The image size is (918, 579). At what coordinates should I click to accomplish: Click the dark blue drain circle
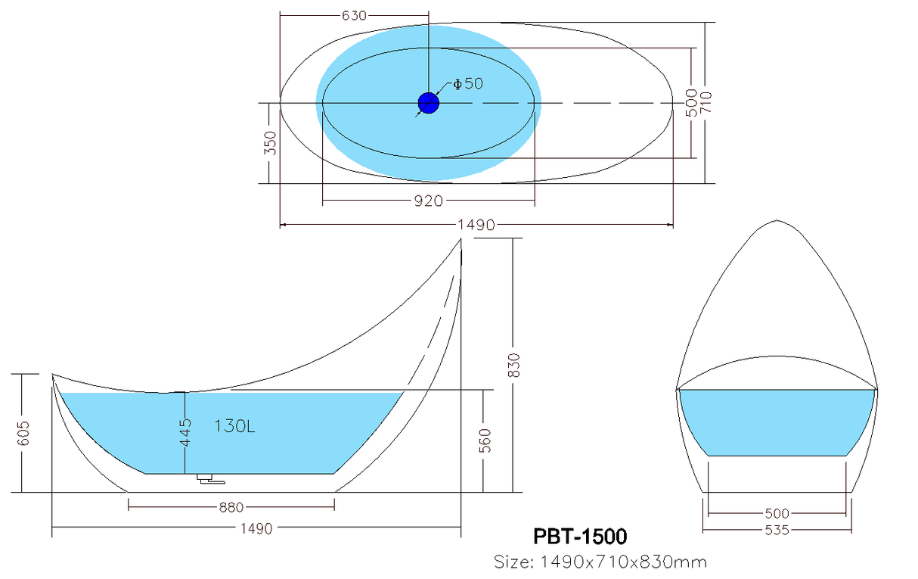[x=429, y=103]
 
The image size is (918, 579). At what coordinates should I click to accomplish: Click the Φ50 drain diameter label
[x=468, y=84]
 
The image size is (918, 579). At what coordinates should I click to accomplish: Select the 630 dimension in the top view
[x=354, y=16]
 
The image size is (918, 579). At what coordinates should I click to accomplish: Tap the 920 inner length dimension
[x=428, y=201]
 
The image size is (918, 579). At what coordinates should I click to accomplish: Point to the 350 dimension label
[x=270, y=143]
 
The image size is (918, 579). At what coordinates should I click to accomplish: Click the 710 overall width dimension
[x=706, y=102]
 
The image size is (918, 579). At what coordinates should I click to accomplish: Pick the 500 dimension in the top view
[x=691, y=102]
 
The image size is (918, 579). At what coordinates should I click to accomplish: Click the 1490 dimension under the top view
[x=476, y=225]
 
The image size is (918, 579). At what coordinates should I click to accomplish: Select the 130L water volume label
[x=234, y=426]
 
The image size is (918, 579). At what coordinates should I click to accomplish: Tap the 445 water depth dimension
[x=185, y=432]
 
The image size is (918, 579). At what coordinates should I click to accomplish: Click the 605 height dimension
[x=23, y=433]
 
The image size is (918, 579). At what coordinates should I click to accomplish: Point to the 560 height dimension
[x=485, y=440]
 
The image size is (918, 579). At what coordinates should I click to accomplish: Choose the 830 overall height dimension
[x=513, y=365]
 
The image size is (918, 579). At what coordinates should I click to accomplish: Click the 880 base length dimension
[x=231, y=508]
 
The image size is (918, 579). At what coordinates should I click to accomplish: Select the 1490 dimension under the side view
[x=256, y=529]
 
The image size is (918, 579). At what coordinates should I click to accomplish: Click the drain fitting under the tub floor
[x=211, y=479]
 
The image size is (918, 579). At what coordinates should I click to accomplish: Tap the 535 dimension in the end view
[x=777, y=531]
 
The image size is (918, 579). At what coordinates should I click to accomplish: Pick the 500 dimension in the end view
[x=777, y=513]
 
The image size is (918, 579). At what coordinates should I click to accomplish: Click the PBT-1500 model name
[x=580, y=536]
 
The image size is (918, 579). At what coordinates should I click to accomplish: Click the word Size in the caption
[x=513, y=562]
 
